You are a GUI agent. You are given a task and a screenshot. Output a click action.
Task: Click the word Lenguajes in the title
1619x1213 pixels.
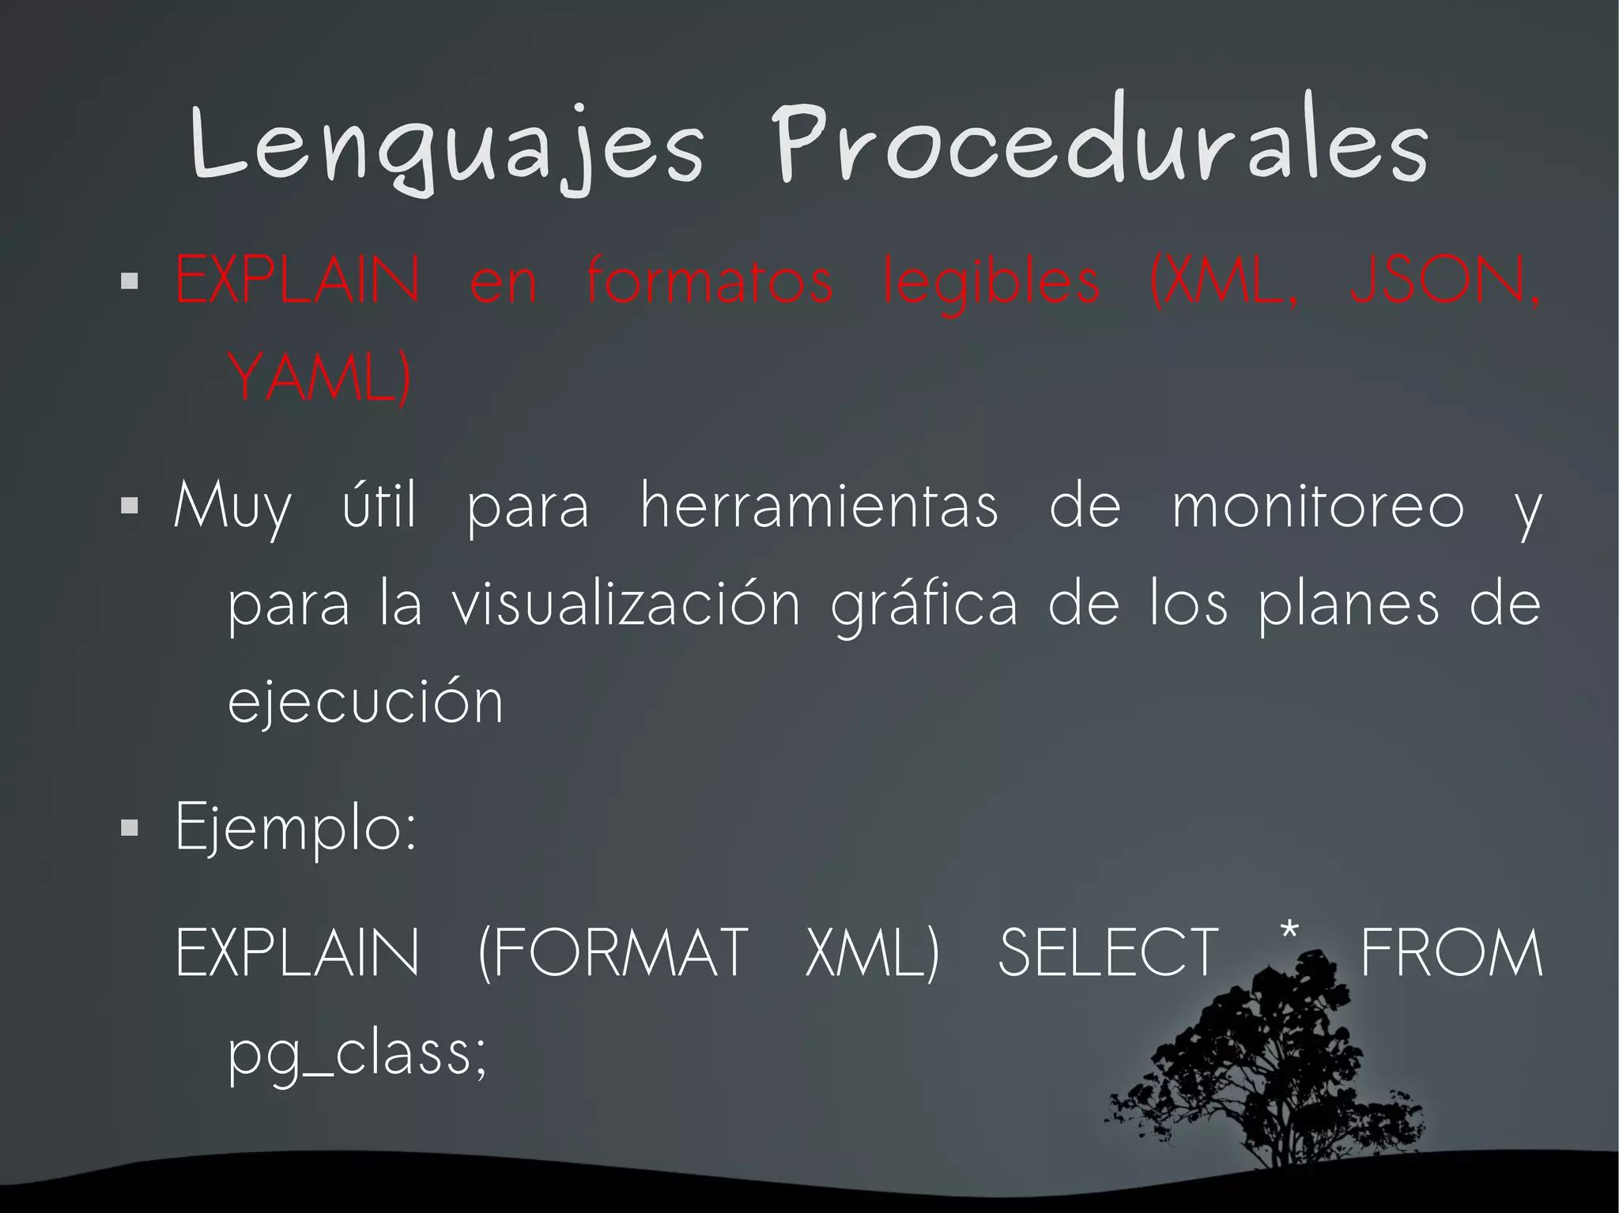(x=447, y=146)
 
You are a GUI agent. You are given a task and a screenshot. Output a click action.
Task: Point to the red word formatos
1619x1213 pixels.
(x=709, y=281)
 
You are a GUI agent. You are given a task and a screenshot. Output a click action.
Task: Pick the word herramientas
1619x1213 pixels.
(x=819, y=506)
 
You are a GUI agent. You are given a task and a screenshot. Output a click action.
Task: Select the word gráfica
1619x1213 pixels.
(x=924, y=605)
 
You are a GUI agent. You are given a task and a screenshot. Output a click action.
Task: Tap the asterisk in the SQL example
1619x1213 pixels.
(x=1289, y=932)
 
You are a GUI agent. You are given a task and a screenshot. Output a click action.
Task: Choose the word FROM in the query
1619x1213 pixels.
(x=1451, y=953)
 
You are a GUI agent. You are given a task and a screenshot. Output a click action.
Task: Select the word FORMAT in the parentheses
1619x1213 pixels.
(x=613, y=953)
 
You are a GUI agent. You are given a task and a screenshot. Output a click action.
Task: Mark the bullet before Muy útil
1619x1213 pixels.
(x=130, y=505)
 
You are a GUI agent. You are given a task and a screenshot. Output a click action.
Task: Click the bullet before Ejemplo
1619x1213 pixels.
(x=130, y=827)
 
